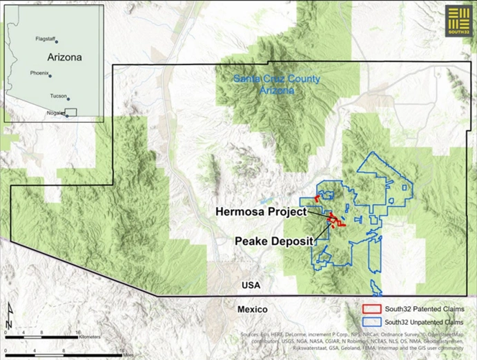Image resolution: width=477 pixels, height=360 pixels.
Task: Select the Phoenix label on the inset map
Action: pos(39,72)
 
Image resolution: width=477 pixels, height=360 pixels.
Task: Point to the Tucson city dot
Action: pos(68,99)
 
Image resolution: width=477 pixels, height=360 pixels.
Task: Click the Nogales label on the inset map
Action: pos(55,112)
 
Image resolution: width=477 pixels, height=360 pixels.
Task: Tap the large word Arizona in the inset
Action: pos(64,57)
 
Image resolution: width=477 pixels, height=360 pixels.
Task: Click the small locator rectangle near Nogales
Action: pos(71,112)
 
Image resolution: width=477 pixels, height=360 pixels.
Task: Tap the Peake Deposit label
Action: pos(274,241)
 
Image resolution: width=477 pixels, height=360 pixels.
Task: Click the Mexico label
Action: pos(252,309)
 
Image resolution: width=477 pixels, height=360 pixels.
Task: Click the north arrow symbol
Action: pos(9,317)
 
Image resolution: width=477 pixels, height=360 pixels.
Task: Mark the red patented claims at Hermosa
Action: pos(335,221)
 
